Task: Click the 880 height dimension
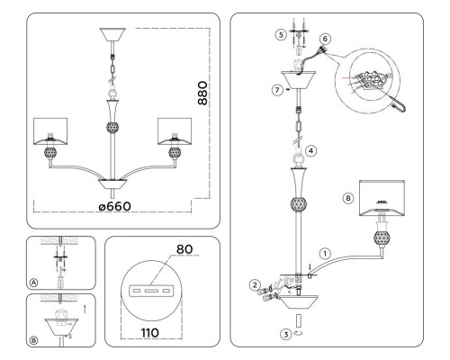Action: pos(202,93)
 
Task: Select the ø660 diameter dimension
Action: pos(115,206)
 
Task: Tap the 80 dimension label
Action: pos(184,249)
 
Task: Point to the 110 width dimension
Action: pos(150,332)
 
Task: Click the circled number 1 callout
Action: pos(325,254)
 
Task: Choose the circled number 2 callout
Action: pos(256,284)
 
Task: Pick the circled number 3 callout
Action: pos(286,334)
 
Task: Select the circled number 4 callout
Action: pos(310,150)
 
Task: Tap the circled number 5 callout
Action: pos(281,35)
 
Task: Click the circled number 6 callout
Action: pos(325,39)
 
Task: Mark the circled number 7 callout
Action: pos(277,90)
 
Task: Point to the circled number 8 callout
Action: pos(348,198)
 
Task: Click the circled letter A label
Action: pos(34,283)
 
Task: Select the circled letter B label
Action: pos(34,340)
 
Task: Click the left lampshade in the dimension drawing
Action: pos(50,131)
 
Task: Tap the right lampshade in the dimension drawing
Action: pos(175,131)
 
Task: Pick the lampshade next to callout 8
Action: pos(382,198)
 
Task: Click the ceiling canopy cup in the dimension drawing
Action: pos(112,35)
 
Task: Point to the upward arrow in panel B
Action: pos(85,309)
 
